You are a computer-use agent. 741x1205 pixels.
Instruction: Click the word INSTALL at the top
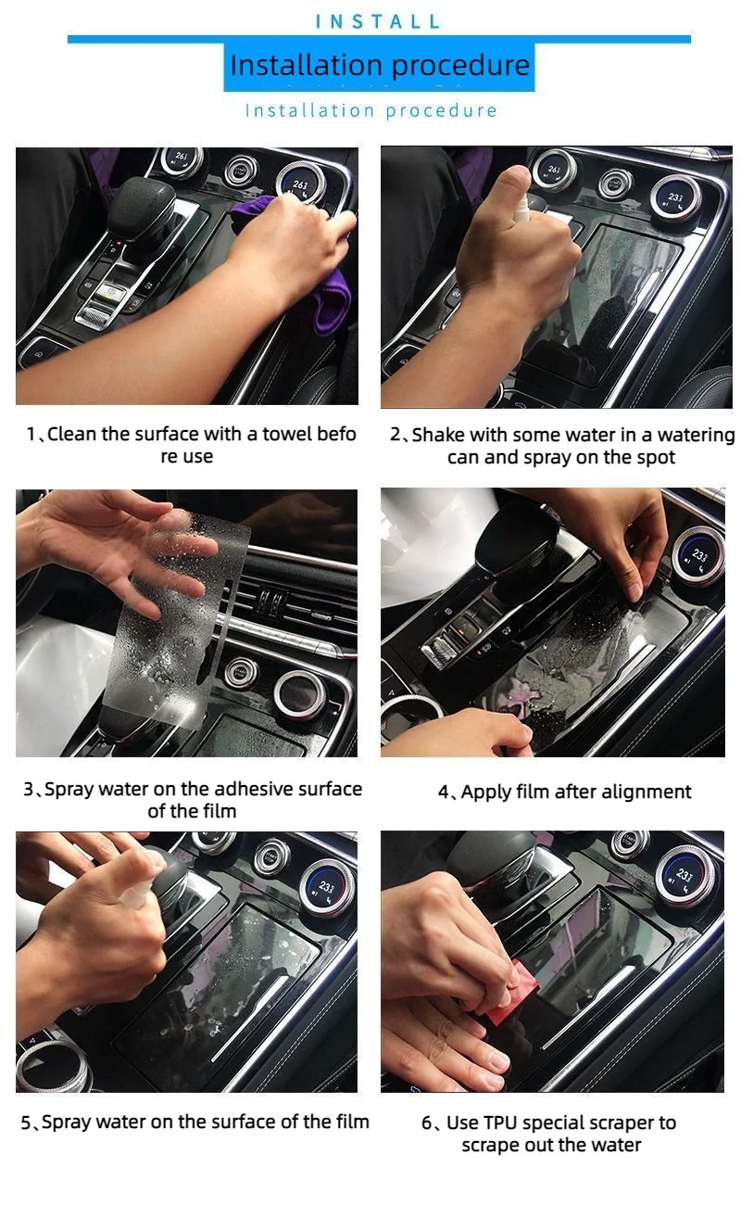[378, 21]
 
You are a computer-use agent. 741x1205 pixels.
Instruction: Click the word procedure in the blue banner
[460, 66]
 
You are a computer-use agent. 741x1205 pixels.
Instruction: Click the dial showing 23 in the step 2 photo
[676, 197]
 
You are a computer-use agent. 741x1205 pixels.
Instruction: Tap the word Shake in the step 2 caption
[435, 435]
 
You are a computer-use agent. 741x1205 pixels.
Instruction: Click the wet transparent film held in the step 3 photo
[178, 618]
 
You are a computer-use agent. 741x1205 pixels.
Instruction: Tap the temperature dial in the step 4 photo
[697, 557]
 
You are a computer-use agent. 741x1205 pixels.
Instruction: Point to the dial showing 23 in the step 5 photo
[326, 889]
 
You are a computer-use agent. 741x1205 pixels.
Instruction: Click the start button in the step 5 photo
[270, 857]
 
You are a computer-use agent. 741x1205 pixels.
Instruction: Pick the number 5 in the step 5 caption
[26, 1123]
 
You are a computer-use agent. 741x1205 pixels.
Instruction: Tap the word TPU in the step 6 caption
[498, 1123]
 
